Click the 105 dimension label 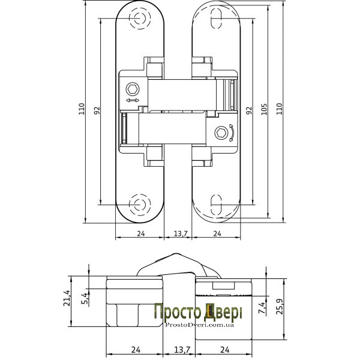tap(264, 109)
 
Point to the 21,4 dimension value tap(67, 298)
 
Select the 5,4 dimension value tap(85, 298)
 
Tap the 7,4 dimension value tap(262, 308)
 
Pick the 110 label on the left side tap(82, 109)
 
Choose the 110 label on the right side tap(279, 109)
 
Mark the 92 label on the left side tap(97, 110)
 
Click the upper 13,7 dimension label tap(181, 234)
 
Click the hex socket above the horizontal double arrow tap(133, 89)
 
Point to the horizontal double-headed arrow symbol tap(133, 100)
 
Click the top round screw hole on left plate tap(140, 18)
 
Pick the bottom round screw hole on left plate tap(140, 205)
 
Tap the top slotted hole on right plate tap(216, 18)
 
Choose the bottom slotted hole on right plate tap(216, 205)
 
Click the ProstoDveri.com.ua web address tap(200, 325)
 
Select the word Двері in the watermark tap(223, 312)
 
